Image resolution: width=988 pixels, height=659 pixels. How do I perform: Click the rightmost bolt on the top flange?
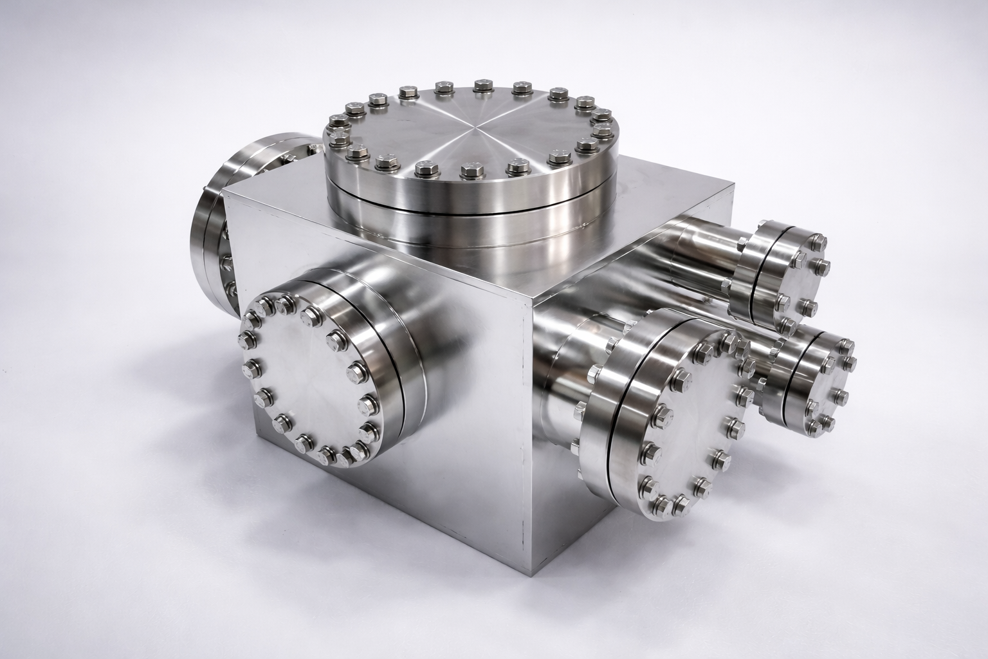click(601, 132)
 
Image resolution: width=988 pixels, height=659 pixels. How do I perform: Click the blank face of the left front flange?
click(302, 380)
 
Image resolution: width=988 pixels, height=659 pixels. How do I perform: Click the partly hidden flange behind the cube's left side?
click(212, 225)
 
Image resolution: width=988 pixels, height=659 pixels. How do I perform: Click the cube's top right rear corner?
click(733, 187)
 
